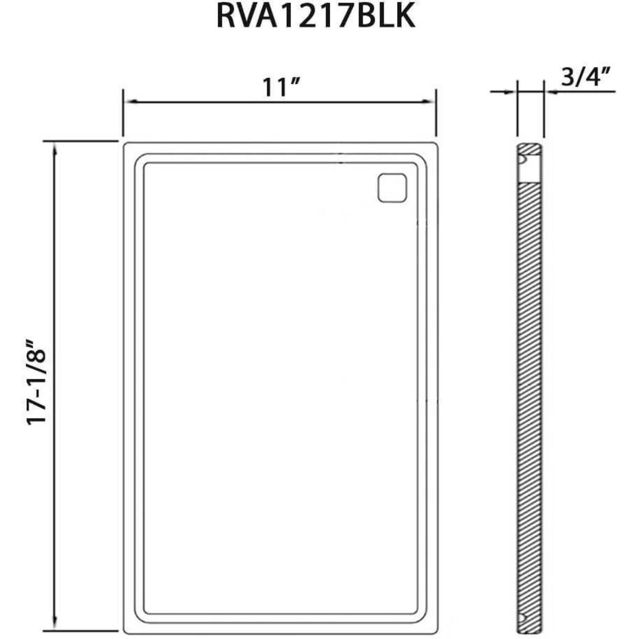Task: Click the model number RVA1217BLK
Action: point(316,17)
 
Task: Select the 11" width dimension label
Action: point(281,87)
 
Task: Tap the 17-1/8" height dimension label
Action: point(36,381)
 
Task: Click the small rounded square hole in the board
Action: point(392,187)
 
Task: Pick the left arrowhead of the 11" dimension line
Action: point(130,101)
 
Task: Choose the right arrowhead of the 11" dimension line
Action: point(428,101)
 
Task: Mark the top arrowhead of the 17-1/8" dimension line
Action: point(54,149)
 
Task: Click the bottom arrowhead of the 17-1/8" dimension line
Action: point(54,622)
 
